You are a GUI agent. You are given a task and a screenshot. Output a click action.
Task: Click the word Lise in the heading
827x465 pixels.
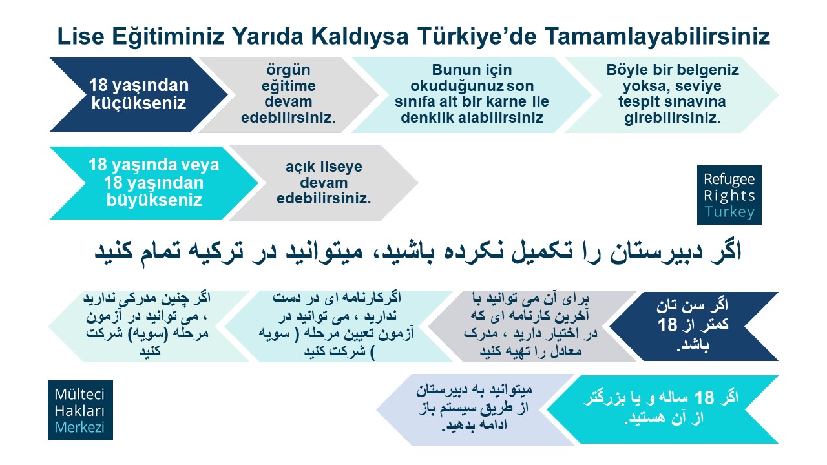click(x=81, y=37)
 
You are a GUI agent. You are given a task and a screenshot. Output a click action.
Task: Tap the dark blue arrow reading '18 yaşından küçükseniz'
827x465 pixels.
click(x=139, y=94)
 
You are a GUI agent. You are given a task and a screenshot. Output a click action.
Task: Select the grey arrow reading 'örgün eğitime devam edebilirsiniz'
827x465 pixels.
click(x=288, y=94)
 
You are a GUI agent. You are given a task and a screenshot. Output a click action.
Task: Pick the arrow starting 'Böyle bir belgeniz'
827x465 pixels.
click(x=673, y=94)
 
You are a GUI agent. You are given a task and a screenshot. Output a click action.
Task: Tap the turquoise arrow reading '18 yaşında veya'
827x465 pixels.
click(x=154, y=183)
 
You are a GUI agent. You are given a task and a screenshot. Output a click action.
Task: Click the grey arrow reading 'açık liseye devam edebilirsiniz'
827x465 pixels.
click(x=324, y=183)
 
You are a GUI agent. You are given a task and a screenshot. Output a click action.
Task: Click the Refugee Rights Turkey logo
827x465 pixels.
click(x=729, y=195)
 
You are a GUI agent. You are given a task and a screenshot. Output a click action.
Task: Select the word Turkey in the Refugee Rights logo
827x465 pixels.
click(x=729, y=212)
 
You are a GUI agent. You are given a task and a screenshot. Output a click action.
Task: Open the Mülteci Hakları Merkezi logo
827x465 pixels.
click(x=81, y=410)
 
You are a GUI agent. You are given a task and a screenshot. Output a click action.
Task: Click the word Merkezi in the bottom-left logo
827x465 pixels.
click(x=79, y=428)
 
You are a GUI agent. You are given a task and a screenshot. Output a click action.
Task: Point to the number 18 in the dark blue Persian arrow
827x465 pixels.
click(x=667, y=325)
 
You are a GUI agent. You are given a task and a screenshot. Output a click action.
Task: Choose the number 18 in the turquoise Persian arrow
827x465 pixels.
click(x=704, y=398)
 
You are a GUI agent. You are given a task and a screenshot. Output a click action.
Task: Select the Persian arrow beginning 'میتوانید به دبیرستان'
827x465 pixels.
click(x=475, y=409)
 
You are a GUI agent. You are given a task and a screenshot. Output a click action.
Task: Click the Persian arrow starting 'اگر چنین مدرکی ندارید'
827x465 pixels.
click(x=149, y=326)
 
